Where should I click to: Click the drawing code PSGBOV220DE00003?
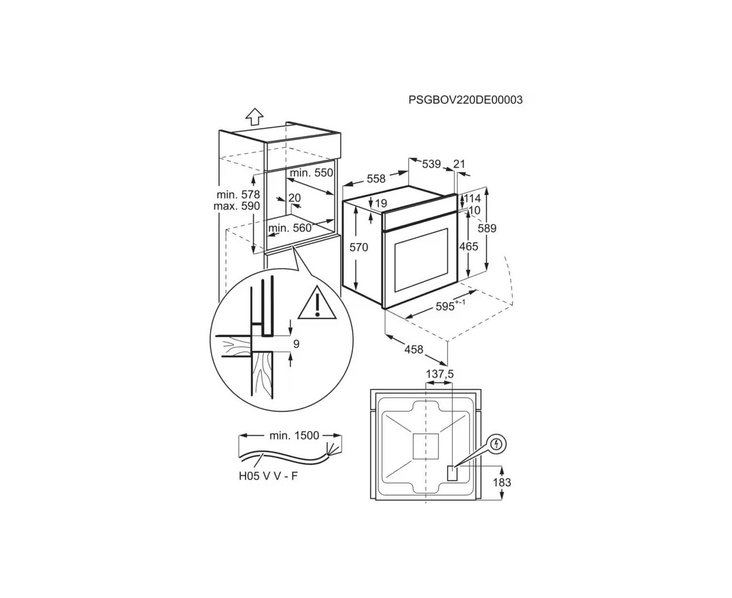(x=465, y=100)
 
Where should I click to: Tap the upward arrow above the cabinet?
(x=254, y=116)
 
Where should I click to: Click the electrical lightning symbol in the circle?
(x=498, y=444)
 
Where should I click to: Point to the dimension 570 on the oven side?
(x=358, y=247)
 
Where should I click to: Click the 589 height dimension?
(x=487, y=228)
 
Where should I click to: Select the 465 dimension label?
(x=468, y=246)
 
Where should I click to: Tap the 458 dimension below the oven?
(x=414, y=349)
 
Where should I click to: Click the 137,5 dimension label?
(x=440, y=374)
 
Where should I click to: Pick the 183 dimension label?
(x=502, y=482)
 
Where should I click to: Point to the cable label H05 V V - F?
(x=268, y=476)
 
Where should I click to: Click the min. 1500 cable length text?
(x=294, y=436)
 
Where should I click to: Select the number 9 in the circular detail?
(x=296, y=344)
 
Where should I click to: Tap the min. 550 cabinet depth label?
(x=312, y=173)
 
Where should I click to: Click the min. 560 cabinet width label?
(x=290, y=228)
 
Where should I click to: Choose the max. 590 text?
(x=237, y=206)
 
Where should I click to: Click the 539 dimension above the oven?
(x=431, y=164)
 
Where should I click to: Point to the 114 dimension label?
(x=472, y=199)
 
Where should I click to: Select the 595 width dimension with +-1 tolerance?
(x=450, y=305)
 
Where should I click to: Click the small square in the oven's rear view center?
(x=426, y=446)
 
